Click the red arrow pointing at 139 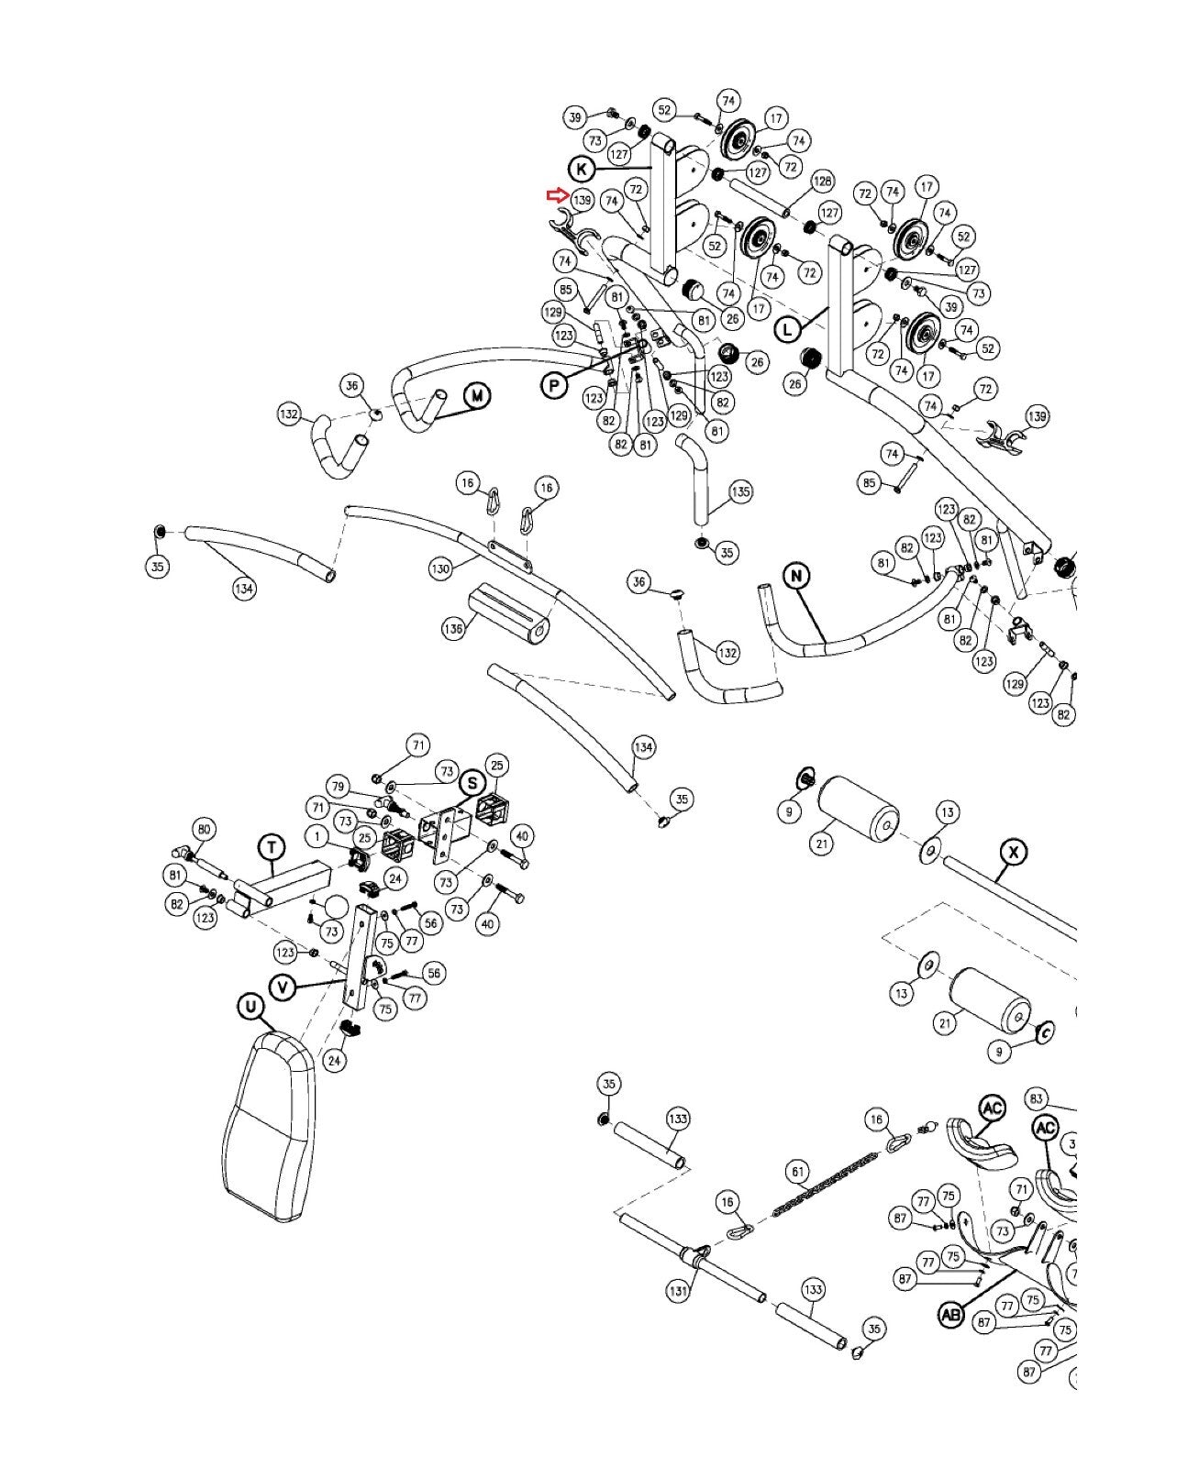pos(557,195)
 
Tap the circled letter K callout pos(582,169)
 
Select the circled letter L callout pos(787,329)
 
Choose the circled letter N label pos(796,575)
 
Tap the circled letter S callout pos(472,783)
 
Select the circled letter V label pos(282,987)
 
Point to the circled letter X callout pos(1013,852)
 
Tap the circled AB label pos(951,1315)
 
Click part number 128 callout pos(822,182)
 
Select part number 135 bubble pos(740,491)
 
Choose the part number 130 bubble pos(439,568)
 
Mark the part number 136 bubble pos(453,628)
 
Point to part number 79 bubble pos(338,787)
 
